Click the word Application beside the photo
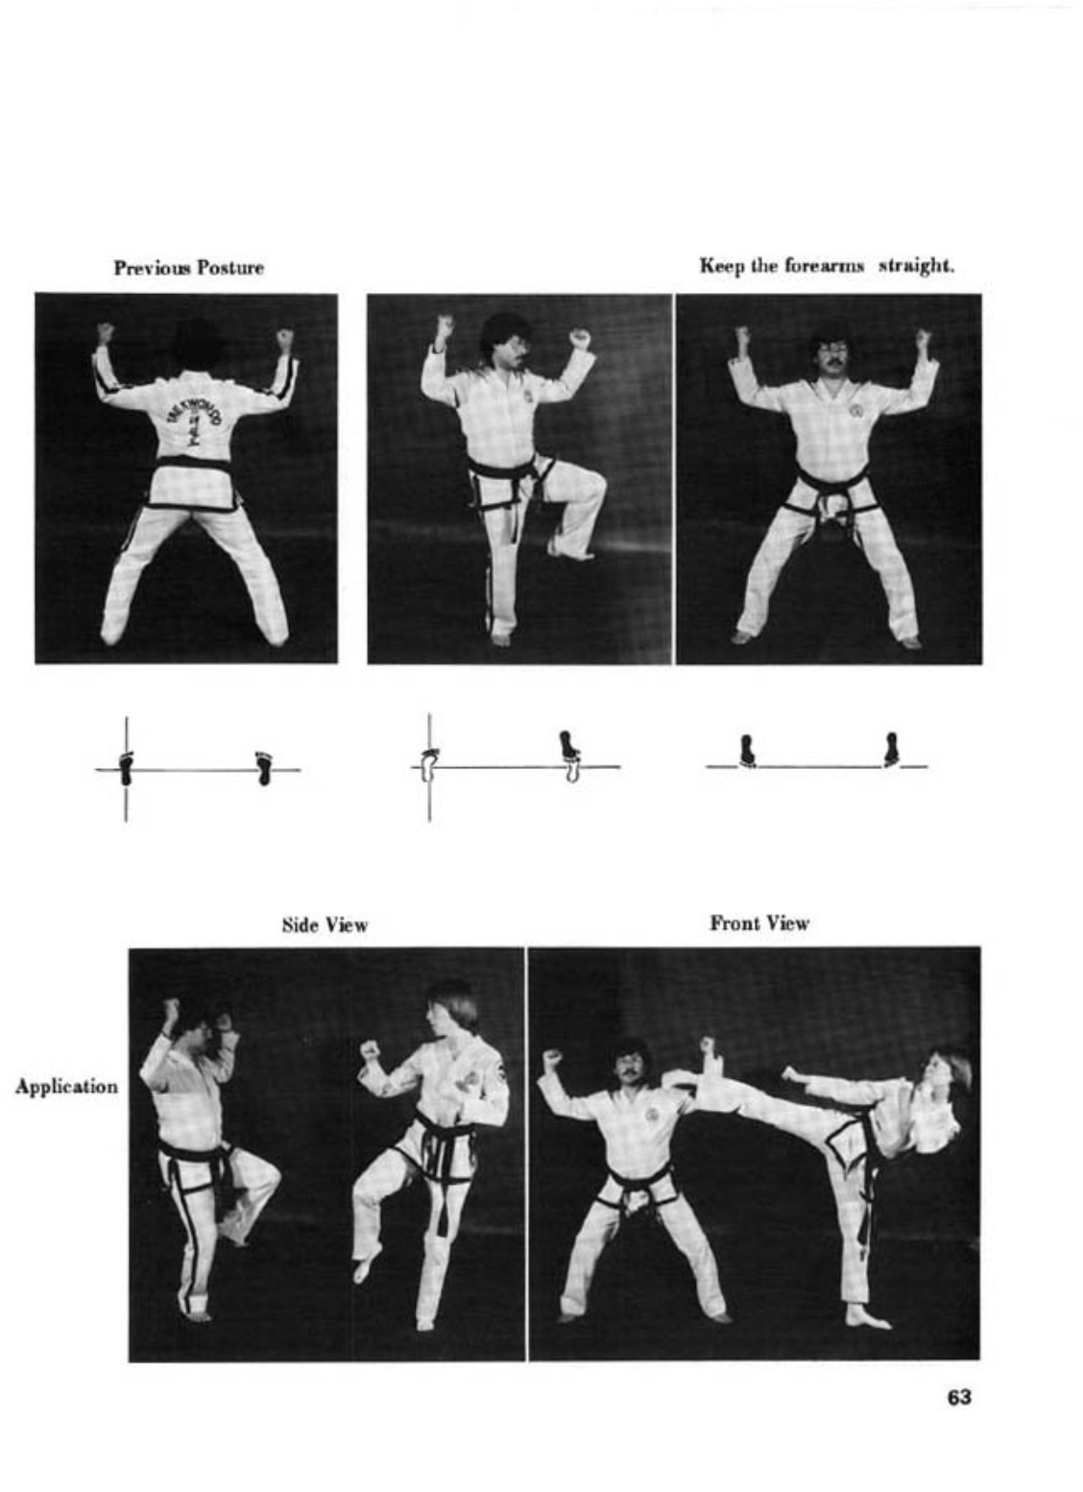click(x=66, y=1087)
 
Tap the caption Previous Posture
click(x=188, y=268)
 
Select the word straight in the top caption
click(x=917, y=267)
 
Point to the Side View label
click(x=325, y=925)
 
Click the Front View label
click(x=759, y=924)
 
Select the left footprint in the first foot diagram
click(x=126, y=768)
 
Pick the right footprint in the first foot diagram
click(x=264, y=768)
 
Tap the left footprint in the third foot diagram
click(x=747, y=751)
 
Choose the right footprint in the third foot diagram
click(x=891, y=750)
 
